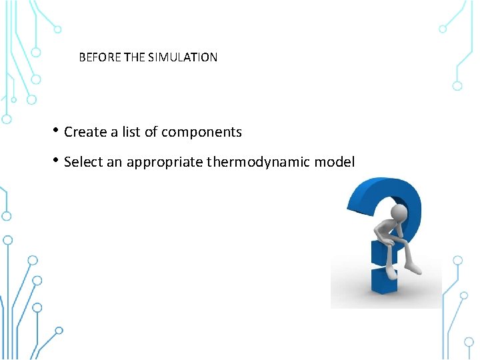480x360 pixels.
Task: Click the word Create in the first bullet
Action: coord(85,132)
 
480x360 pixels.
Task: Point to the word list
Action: coord(131,132)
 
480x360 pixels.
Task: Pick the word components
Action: coord(201,132)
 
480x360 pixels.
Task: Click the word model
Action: coord(335,162)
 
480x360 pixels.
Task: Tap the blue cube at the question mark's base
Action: coord(385,281)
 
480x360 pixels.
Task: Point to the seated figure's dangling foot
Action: coord(413,268)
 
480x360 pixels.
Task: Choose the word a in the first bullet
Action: coord(114,132)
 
